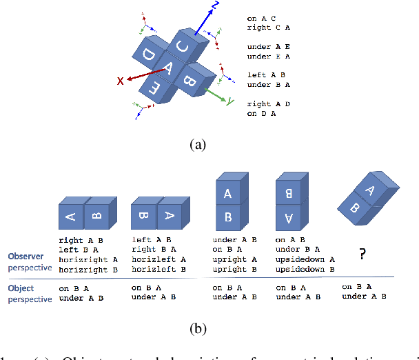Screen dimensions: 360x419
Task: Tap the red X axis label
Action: coord(120,81)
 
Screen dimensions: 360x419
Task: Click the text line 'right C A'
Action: coord(266,28)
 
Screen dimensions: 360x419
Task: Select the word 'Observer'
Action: coord(25,255)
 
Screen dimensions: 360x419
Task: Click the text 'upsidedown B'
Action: coord(305,269)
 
